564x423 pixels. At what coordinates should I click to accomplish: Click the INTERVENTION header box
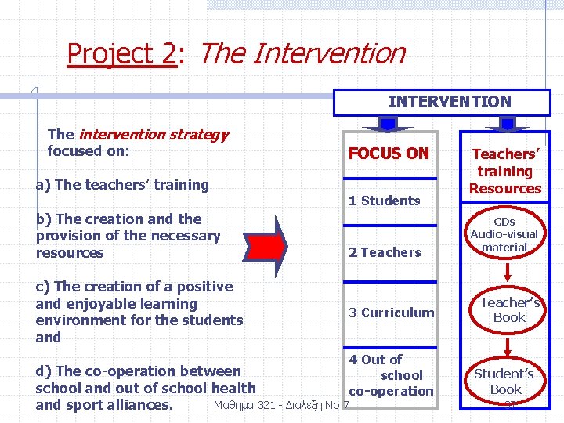[449, 102]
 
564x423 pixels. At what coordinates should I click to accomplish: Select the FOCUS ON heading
[389, 154]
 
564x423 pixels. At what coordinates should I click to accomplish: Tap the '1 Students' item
[384, 201]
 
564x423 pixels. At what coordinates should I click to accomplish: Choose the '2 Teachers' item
[385, 252]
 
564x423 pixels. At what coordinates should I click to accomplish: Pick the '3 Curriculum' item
[391, 313]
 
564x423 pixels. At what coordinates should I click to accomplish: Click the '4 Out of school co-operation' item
[390, 375]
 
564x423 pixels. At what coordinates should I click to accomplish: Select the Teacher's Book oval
[508, 309]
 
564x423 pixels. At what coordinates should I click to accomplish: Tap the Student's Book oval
[505, 381]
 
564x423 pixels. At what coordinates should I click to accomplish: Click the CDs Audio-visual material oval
[504, 234]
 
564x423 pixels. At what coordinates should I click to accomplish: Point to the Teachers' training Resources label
[505, 171]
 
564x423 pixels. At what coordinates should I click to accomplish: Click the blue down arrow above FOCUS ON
[388, 124]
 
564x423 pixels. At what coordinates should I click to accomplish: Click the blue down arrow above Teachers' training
[507, 124]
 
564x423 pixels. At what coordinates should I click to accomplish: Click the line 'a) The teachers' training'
[122, 185]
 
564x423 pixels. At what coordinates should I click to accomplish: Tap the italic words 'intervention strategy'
[154, 134]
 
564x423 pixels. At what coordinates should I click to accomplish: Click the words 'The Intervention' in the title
[302, 53]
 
